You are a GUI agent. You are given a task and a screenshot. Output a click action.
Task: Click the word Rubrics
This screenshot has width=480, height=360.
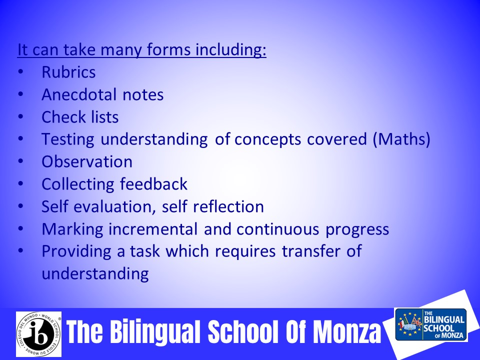[x=68, y=72]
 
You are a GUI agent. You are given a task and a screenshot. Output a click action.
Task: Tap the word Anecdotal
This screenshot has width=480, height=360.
[x=79, y=94]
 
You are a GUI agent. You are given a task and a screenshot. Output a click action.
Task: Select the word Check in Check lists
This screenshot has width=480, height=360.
[x=59, y=117]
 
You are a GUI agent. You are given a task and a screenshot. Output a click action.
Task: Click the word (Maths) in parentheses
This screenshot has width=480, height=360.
[x=401, y=139]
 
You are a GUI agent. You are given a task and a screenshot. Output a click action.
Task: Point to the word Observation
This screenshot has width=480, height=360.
[x=87, y=161]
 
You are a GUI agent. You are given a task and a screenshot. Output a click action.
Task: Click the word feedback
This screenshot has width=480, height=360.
[x=153, y=184]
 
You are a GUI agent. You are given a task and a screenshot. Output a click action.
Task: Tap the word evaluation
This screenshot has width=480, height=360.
[x=112, y=206]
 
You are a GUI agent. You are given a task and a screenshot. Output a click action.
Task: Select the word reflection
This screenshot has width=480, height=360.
[x=228, y=206]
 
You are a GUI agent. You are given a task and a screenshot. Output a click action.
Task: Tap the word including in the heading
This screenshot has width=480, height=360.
[x=231, y=50]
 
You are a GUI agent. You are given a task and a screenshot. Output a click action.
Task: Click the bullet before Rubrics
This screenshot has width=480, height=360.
[x=20, y=72]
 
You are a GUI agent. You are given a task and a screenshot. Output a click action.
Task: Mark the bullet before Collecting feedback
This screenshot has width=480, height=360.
[x=20, y=183]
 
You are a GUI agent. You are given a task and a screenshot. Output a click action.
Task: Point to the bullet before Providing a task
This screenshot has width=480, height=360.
[x=20, y=250]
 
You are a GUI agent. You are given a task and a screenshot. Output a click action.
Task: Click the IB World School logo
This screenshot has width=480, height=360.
[x=39, y=334]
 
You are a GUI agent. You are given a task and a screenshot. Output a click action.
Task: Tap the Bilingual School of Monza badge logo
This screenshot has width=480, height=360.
[x=431, y=324]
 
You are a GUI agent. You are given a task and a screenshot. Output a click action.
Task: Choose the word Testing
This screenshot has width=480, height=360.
[x=68, y=139]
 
